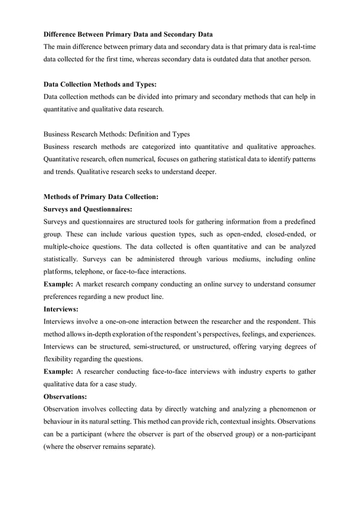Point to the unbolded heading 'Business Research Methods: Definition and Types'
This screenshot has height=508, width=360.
click(116, 134)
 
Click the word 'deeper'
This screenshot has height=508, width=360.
click(203, 171)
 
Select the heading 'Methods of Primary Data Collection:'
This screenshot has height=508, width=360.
click(101, 197)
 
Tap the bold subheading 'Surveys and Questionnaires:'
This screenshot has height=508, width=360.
click(87, 209)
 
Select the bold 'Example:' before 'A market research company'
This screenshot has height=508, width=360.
click(58, 284)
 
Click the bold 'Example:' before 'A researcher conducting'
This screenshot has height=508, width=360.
click(58, 370)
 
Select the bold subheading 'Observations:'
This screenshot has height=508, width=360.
click(65, 395)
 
